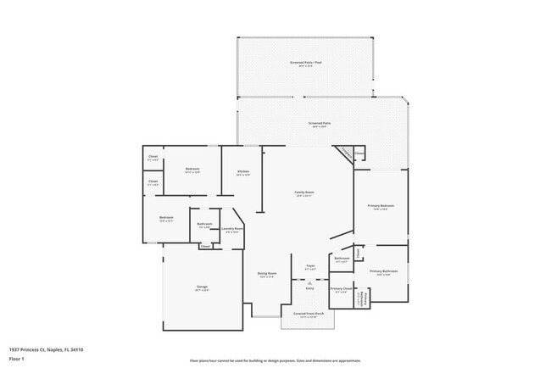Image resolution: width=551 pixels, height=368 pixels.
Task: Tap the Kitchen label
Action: (243, 172)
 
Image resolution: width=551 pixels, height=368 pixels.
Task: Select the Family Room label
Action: (303, 193)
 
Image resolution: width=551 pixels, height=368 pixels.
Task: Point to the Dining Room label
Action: (267, 274)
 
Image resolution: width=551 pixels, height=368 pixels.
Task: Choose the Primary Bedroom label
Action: (381, 207)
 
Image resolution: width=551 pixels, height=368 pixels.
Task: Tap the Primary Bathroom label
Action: (383, 271)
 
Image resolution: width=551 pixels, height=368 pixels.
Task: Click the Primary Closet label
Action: (341, 290)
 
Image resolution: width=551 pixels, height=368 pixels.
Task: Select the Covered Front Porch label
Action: (309, 314)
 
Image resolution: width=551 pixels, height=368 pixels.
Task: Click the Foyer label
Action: (310, 266)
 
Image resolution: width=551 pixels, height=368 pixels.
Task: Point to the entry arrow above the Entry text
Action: (309, 282)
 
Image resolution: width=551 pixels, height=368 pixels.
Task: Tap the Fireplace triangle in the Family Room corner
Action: (343, 153)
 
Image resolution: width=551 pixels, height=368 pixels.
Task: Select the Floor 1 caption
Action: (18, 359)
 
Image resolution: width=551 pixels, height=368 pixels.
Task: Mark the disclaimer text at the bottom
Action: (275, 360)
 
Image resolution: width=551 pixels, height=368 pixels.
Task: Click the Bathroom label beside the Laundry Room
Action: (205, 225)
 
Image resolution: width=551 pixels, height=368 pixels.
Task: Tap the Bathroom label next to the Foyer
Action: (342, 259)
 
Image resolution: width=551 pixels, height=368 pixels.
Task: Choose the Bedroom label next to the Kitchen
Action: (192, 170)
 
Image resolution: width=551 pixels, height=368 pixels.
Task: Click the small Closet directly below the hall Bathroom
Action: (205, 246)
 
